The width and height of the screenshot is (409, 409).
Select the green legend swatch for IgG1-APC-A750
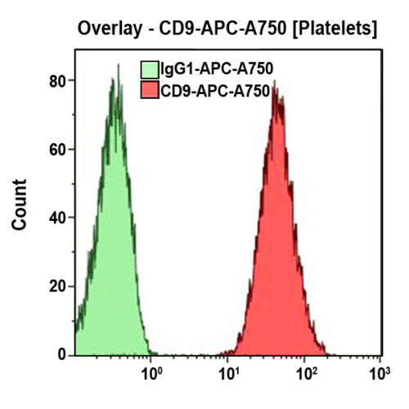pyautogui.click(x=150, y=69)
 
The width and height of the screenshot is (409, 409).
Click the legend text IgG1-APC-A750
pyautogui.click(x=217, y=69)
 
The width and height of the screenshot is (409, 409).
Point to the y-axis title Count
pyautogui.click(x=20, y=204)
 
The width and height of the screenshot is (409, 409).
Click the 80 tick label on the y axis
pyautogui.click(x=56, y=81)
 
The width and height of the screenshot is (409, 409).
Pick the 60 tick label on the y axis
pyautogui.click(x=56, y=150)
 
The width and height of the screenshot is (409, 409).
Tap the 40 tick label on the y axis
pyautogui.click(x=56, y=218)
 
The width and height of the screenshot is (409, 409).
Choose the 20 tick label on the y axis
pyautogui.click(x=56, y=287)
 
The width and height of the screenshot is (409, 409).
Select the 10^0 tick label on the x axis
pyautogui.click(x=151, y=377)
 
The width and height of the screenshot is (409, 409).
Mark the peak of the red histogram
pyautogui.click(x=276, y=82)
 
